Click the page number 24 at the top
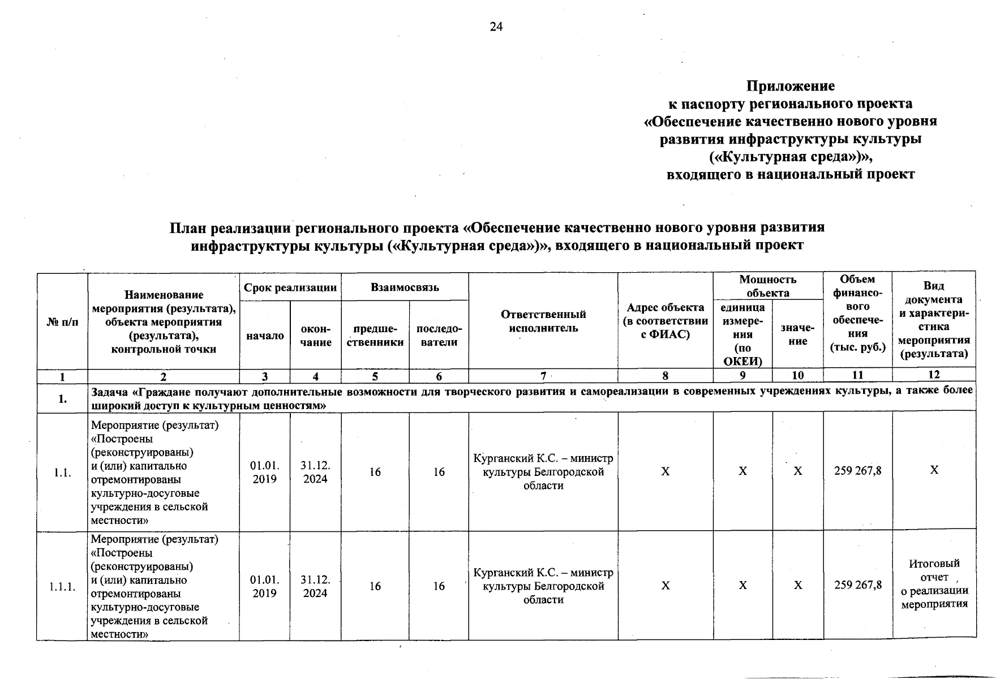coord(496,27)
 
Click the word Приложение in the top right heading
coord(791,86)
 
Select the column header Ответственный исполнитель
coord(543,321)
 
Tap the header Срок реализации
coord(290,287)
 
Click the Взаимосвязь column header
coord(405,287)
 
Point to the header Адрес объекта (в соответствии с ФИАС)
coord(665,321)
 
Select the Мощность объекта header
coord(767,286)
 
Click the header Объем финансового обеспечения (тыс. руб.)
coord(857,313)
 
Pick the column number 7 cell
coord(543,376)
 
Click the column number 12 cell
coord(934,375)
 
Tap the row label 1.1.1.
coord(62,586)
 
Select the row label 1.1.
coord(62,472)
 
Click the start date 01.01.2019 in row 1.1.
coord(264,472)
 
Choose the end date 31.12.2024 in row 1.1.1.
coord(315,586)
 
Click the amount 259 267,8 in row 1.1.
coord(857,471)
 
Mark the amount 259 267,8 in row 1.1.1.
coord(857,585)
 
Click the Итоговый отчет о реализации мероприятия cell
coord(934,583)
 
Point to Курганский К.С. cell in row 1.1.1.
coord(543,586)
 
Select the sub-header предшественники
coord(375,336)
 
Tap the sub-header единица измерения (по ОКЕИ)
coord(742,334)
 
